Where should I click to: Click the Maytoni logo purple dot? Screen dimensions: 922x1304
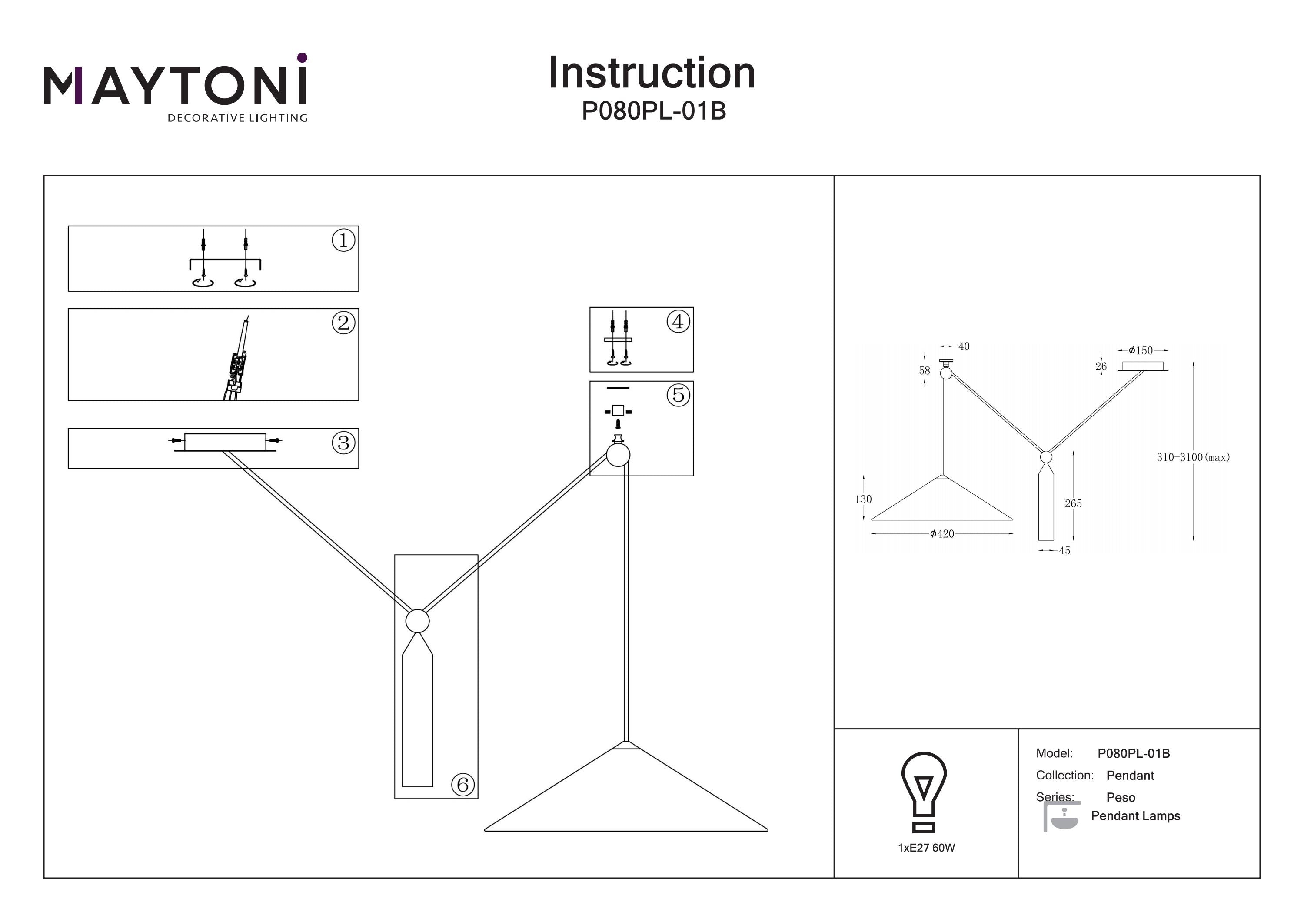pyautogui.click(x=302, y=57)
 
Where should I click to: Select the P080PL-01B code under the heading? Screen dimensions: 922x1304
pyautogui.click(x=654, y=111)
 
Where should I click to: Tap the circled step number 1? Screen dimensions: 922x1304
pyautogui.click(x=343, y=240)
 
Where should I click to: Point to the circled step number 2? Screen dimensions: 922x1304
pyautogui.click(x=343, y=323)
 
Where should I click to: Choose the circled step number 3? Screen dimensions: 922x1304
pyautogui.click(x=343, y=443)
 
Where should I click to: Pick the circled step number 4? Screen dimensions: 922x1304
pyautogui.click(x=678, y=322)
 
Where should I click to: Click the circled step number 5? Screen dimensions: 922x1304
pyautogui.click(x=678, y=395)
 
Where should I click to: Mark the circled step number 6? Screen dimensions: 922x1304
pyautogui.click(x=462, y=785)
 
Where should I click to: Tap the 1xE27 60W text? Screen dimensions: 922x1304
pyautogui.click(x=926, y=848)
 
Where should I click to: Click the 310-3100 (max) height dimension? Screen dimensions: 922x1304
pyautogui.click(x=1193, y=457)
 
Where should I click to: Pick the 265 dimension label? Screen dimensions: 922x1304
pyautogui.click(x=1073, y=503)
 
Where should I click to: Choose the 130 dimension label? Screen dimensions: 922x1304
pyautogui.click(x=863, y=499)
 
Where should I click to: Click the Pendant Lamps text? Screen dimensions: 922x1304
pyautogui.click(x=1135, y=816)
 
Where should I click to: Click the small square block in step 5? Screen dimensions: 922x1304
pyautogui.click(x=618, y=411)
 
